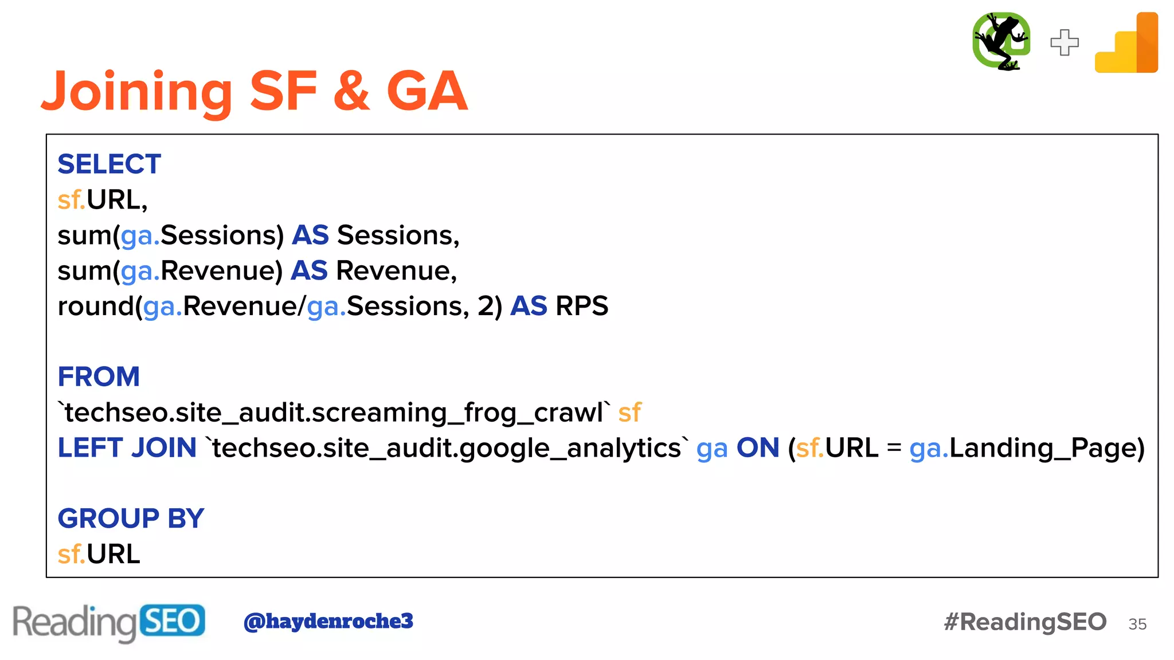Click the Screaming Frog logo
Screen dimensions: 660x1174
[x=1001, y=41]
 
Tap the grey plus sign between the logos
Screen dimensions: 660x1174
[x=1065, y=42]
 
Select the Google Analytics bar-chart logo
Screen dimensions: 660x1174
[x=1127, y=44]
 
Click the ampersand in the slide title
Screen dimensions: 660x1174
[x=351, y=92]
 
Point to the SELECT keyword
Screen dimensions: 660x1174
[x=109, y=164]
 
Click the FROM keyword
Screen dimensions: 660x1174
[x=99, y=377]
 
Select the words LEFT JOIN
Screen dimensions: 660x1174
[x=127, y=448]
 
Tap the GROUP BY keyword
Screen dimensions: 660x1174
[x=131, y=518]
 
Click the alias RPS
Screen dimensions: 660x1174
[x=582, y=306]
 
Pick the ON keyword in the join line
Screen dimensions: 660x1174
[x=758, y=448]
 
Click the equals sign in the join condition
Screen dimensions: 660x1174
[x=894, y=448]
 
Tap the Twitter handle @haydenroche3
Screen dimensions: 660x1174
[x=328, y=621]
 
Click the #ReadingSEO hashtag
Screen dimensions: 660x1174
[x=1025, y=622]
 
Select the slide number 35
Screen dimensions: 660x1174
[x=1137, y=624]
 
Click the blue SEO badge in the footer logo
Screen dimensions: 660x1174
[x=172, y=620]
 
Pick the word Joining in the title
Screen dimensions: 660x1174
[x=136, y=92]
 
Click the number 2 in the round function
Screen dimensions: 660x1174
[x=486, y=306]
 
